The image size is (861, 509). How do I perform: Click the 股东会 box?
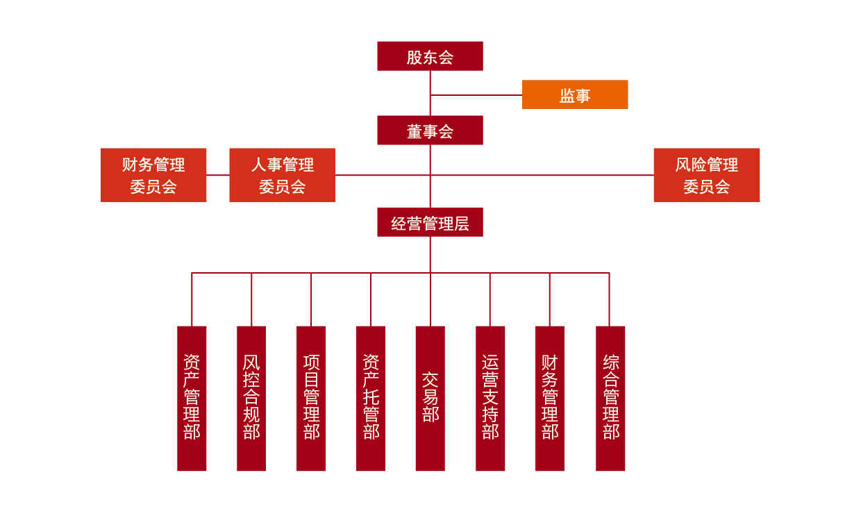coord(430,56)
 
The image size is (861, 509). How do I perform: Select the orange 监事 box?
coord(574,94)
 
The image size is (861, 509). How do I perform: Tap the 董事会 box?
coord(430,130)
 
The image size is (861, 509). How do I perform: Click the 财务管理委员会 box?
coord(153,175)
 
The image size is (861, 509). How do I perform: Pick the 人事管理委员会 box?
coord(282,175)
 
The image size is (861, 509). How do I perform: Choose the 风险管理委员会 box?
coord(706,175)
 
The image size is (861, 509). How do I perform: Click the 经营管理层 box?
coord(430,222)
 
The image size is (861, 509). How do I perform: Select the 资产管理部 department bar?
coord(192,398)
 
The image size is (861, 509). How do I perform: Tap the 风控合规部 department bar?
coord(251,398)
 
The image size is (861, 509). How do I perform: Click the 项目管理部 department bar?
coord(311,398)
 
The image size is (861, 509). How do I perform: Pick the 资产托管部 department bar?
coord(371,398)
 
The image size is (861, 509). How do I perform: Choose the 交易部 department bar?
coord(430,398)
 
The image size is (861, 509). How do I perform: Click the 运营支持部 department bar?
coord(490,398)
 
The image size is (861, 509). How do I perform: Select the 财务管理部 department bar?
coord(550,398)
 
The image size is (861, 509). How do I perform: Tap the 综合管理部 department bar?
coord(610,398)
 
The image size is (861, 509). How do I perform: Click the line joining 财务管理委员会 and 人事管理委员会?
coord(218,175)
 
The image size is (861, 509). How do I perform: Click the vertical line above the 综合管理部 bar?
coord(609,299)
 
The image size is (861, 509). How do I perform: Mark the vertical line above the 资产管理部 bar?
coord(192,299)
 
